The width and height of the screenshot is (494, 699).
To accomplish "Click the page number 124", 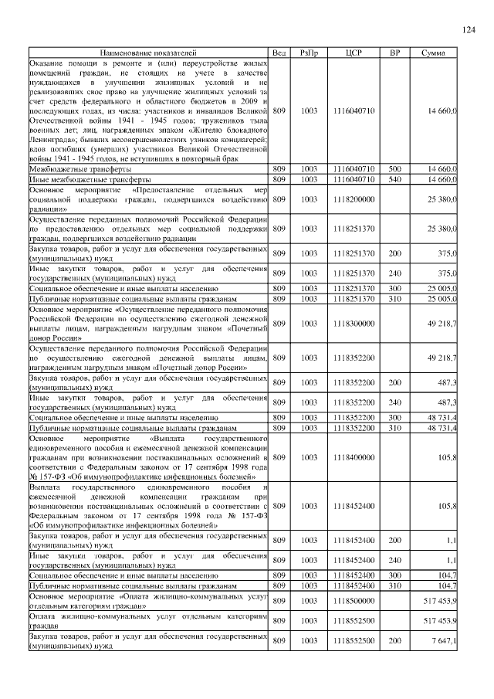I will tap(468, 29).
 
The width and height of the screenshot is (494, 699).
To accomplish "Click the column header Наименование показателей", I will tap(148, 53).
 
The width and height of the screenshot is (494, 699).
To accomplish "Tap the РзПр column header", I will tap(310, 53).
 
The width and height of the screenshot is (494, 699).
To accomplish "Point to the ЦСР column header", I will tap(354, 53).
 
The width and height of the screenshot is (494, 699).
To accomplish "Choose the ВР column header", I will tap(394, 53).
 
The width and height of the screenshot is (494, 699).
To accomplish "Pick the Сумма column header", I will tap(432, 53).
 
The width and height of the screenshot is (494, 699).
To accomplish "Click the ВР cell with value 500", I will tap(394, 168).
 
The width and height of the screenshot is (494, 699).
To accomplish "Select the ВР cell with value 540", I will tap(394, 179).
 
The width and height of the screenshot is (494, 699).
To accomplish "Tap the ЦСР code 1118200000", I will tap(354, 199).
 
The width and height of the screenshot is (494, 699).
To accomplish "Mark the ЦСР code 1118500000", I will tap(354, 600).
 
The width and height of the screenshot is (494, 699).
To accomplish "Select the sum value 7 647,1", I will tap(443, 641).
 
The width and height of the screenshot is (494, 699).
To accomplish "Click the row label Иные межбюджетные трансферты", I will tap(86, 179).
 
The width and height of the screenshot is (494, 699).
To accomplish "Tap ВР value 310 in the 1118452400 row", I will tap(394, 587).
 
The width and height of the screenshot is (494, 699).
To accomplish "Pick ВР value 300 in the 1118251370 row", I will tap(394, 288).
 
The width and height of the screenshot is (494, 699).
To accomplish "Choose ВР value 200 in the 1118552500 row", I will tap(394, 641).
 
